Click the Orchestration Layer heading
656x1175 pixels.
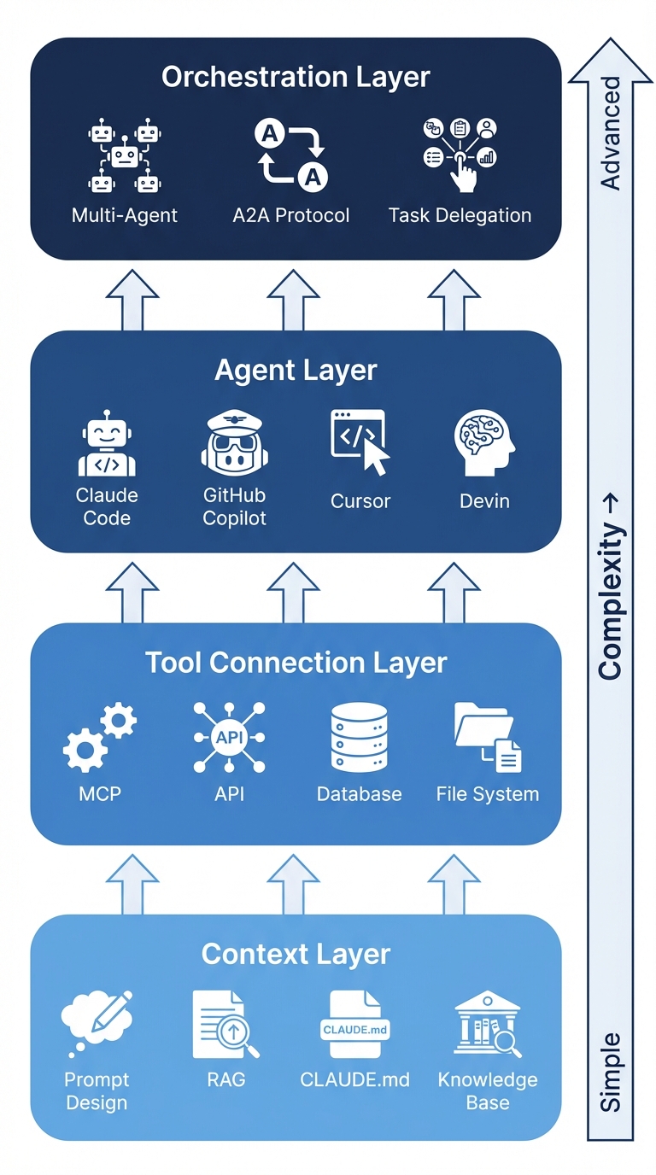296,77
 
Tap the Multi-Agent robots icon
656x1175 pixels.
125,156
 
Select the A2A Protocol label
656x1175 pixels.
291,215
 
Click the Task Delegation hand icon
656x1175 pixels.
460,154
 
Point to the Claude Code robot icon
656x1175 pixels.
107,444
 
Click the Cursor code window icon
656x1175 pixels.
360,441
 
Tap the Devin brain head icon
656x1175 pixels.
484,441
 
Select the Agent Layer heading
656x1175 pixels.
296,371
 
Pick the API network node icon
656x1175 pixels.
229,737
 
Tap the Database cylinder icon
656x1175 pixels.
359,737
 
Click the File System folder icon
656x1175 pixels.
488,736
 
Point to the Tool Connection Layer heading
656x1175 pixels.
296,663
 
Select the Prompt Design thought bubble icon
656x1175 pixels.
97,1022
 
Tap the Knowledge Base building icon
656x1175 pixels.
487,1024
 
